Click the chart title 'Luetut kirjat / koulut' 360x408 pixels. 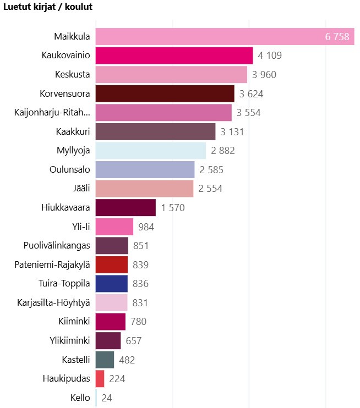(x=48, y=7)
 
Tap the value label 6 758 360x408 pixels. (x=337, y=37)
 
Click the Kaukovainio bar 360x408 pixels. (x=174, y=56)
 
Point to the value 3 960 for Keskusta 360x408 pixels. (x=264, y=75)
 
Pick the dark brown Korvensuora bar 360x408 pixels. (x=165, y=93)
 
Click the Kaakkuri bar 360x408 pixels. (x=155, y=132)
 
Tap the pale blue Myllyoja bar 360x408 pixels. (x=150, y=151)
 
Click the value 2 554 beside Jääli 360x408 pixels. (x=210, y=189)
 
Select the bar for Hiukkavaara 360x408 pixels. (x=126, y=208)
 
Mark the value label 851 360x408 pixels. (x=141, y=246)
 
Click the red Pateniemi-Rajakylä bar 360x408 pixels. (x=112, y=264)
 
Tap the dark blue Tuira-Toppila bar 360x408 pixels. (x=112, y=284)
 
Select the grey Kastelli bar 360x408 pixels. (x=105, y=360)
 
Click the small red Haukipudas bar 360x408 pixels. (x=100, y=378)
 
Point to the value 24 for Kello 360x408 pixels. (x=107, y=398)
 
